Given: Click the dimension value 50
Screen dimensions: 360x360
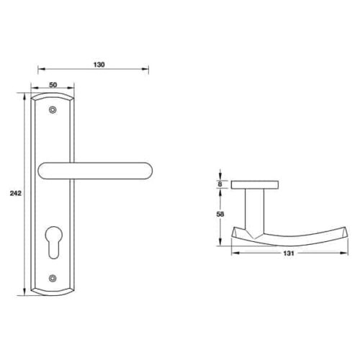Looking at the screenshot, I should (x=53, y=85).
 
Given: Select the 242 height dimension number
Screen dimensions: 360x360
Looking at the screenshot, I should (x=14, y=194).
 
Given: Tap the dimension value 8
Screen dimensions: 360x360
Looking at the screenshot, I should (x=220, y=184).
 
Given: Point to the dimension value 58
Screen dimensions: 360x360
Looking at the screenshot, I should (x=220, y=214).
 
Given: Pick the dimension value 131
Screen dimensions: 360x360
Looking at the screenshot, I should (x=289, y=253).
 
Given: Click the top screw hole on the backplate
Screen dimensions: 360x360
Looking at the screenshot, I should (x=53, y=110).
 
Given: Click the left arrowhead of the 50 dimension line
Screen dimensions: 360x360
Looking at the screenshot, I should (x=35, y=90).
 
